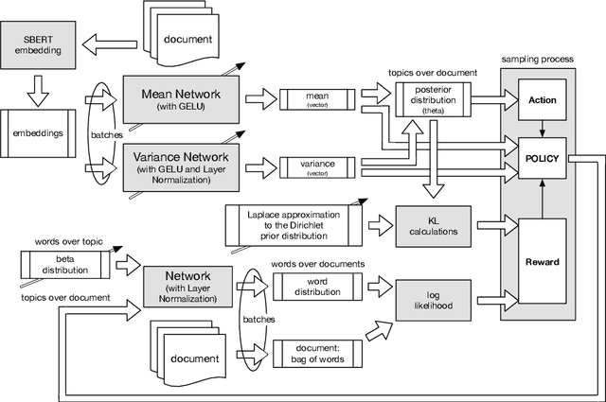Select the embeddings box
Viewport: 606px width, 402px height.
pos(39,133)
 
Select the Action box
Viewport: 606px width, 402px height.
pos(543,98)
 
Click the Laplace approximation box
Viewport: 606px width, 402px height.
pos(294,225)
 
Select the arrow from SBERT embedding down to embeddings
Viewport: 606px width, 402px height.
pos(39,88)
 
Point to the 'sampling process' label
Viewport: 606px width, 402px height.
pos(537,59)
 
